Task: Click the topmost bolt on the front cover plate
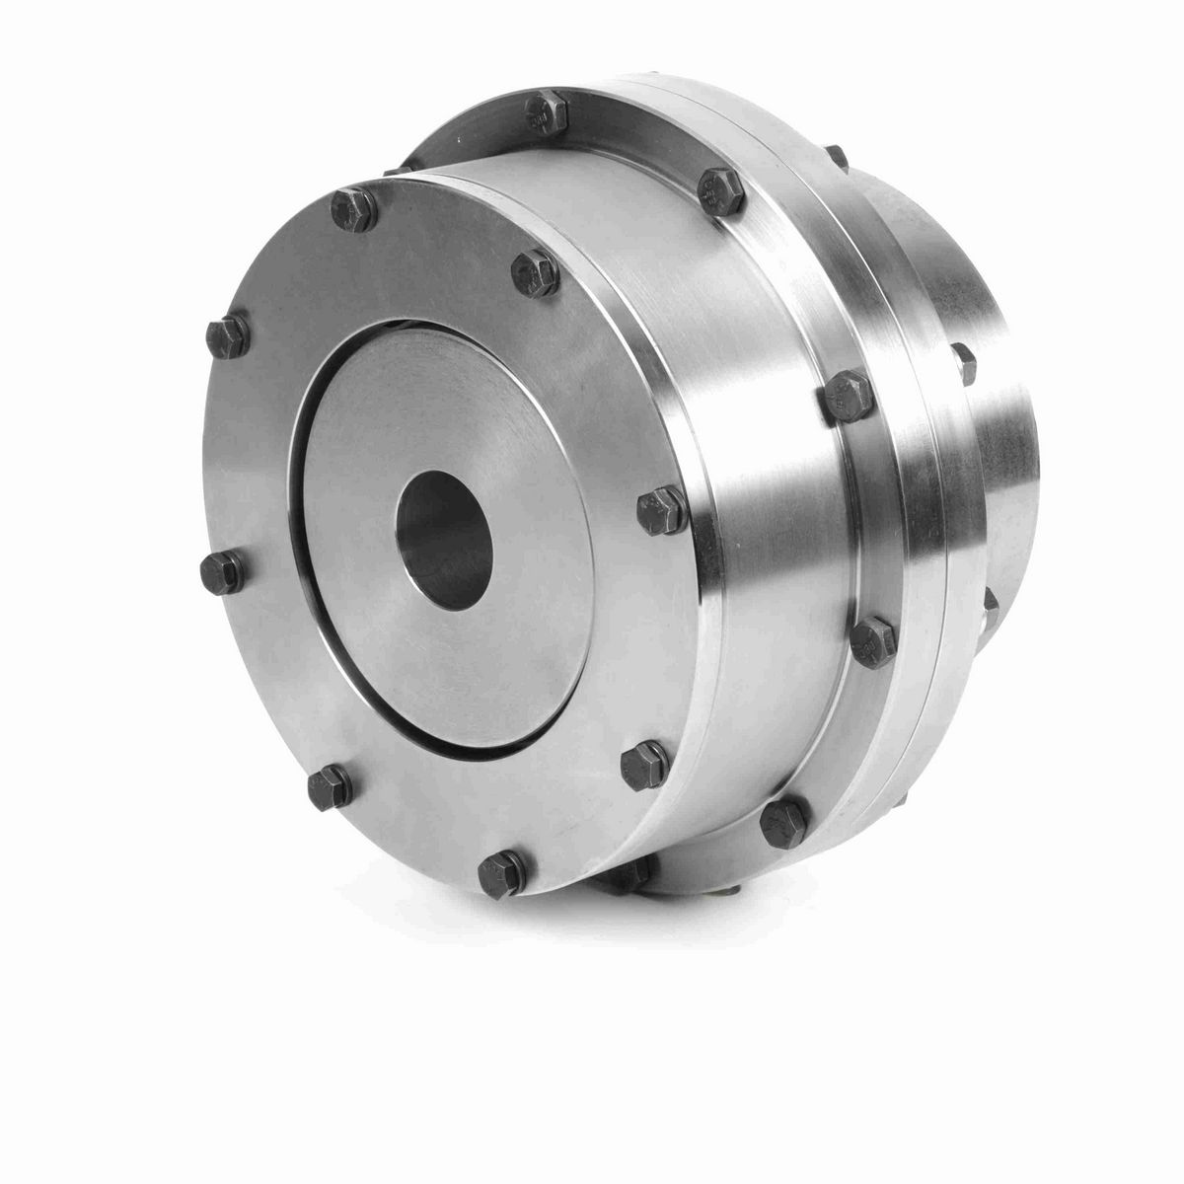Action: click(x=353, y=209)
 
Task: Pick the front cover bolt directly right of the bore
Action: click(x=661, y=509)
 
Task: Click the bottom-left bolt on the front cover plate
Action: click(x=329, y=787)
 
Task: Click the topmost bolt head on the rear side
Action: click(x=837, y=158)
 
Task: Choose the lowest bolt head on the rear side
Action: click(x=990, y=600)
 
